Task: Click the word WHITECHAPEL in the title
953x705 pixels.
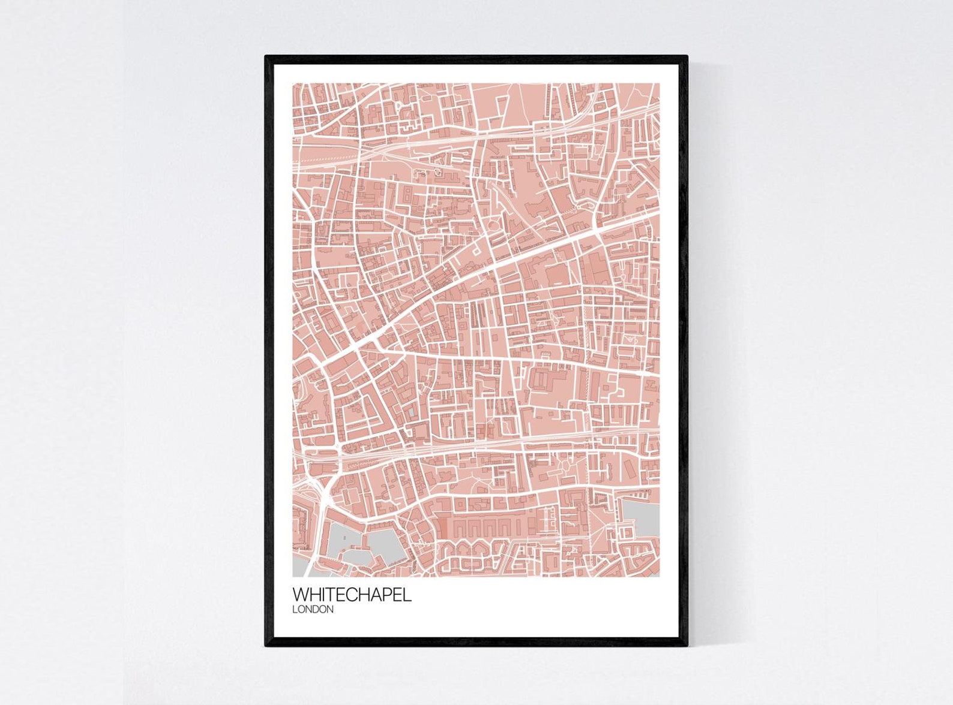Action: (x=352, y=595)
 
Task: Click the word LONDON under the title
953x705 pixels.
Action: (x=313, y=610)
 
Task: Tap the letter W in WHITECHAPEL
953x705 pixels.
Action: (x=300, y=595)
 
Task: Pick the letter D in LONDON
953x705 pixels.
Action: (x=317, y=610)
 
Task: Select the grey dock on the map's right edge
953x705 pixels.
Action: (x=641, y=518)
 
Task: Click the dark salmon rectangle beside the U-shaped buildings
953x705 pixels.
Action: (x=443, y=528)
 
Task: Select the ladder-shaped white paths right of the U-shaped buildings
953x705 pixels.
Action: (x=547, y=522)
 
